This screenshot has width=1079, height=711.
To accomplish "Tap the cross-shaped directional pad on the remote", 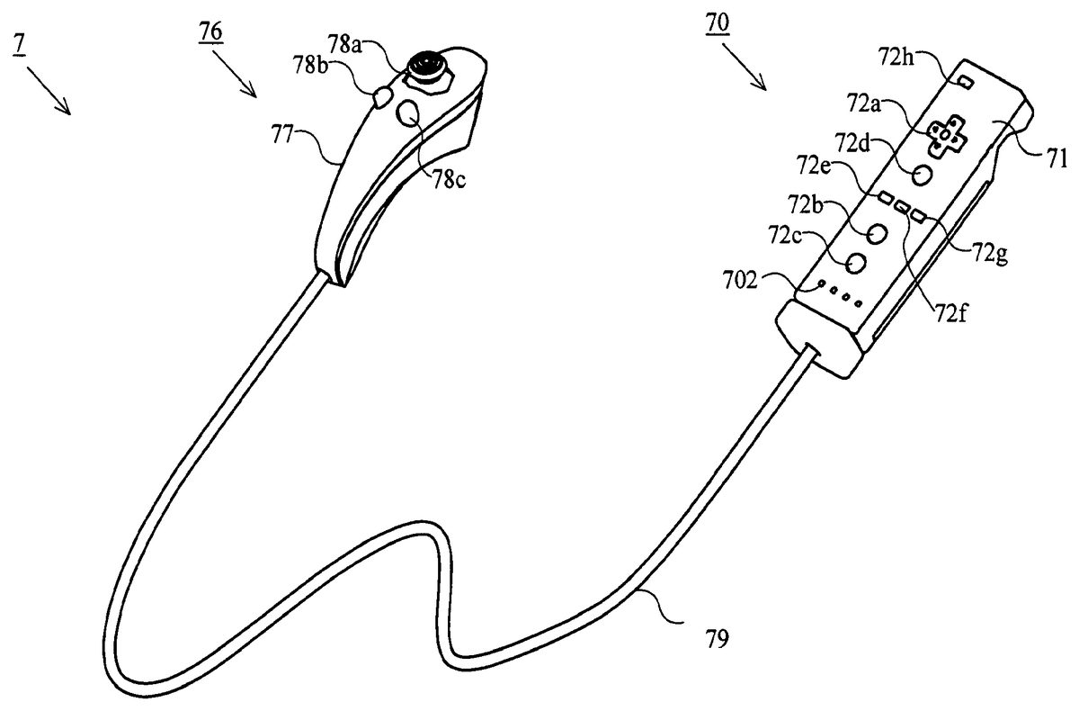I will pyautogui.click(x=944, y=134).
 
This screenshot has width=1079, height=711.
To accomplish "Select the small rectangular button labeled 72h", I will pyautogui.click(x=964, y=82).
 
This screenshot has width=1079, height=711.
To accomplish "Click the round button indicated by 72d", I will pyautogui.click(x=923, y=173).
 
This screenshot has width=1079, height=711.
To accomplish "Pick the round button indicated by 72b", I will pyautogui.click(x=877, y=231).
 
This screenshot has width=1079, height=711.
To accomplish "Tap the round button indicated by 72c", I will pyautogui.click(x=856, y=263).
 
